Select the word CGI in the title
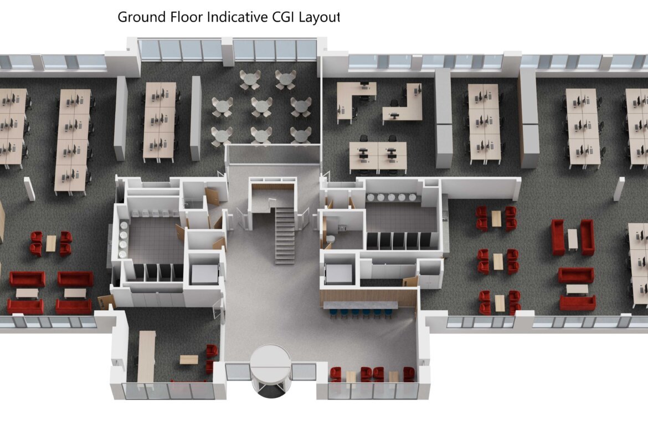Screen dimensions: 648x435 point(283,17)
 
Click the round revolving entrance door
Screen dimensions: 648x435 point(271,371)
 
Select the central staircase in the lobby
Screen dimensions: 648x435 point(285,236)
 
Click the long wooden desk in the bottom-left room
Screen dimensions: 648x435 point(146,356)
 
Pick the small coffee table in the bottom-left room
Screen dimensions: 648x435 point(189,359)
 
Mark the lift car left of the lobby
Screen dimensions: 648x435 point(204,274)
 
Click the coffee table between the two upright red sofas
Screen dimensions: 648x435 point(572,239)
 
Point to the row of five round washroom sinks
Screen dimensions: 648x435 point(391,198)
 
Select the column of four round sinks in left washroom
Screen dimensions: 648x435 point(123,239)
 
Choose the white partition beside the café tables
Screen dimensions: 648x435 point(196,118)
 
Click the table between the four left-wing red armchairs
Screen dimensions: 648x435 point(51,243)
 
